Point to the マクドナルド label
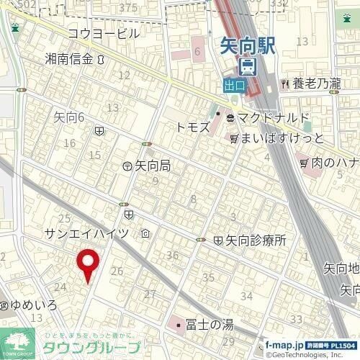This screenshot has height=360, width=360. (x=273, y=117)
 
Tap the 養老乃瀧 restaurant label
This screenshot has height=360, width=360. (x=316, y=84)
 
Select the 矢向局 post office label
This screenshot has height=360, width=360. (x=152, y=166)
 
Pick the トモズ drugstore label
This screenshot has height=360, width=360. (x=193, y=127)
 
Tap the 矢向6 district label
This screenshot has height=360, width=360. (x=70, y=117)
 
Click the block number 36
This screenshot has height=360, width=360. (x=172, y=255)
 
